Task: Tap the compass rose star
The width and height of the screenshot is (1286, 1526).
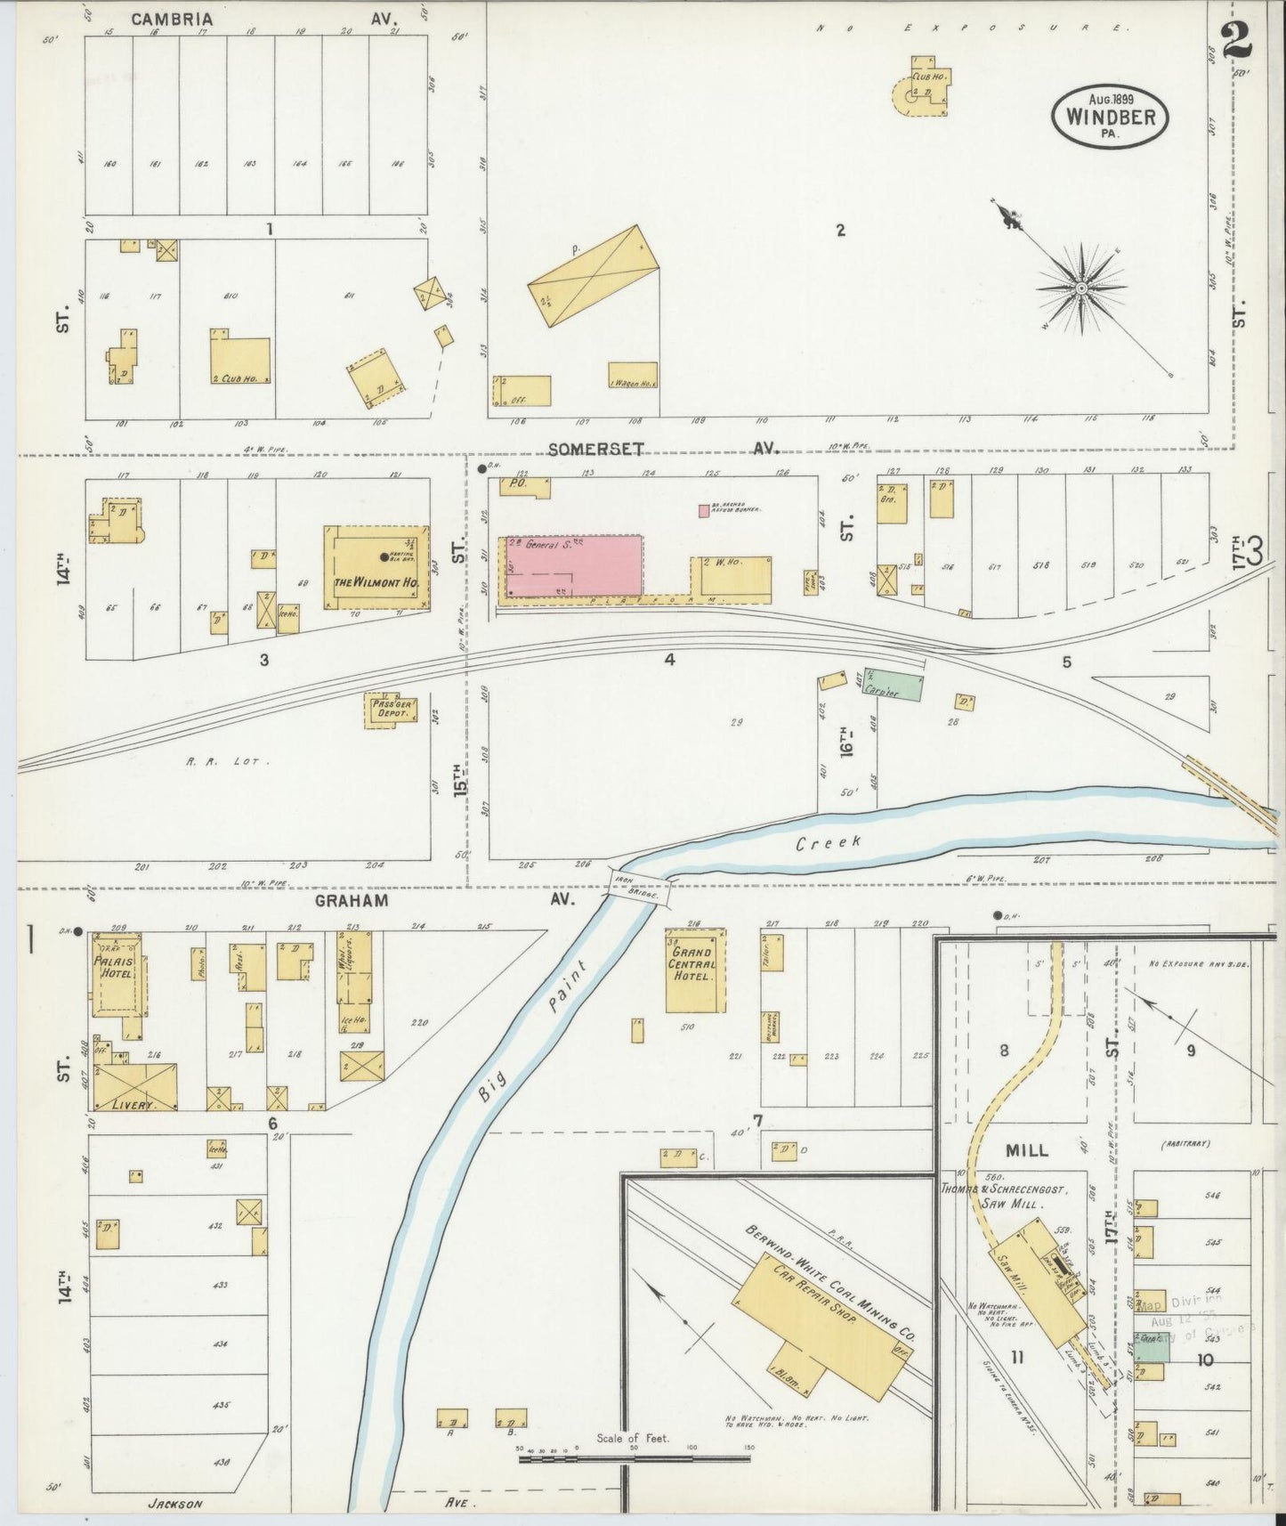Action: (1081, 288)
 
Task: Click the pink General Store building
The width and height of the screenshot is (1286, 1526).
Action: (574, 565)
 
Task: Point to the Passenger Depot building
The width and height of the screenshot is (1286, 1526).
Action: (391, 710)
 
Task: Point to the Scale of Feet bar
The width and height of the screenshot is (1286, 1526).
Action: (635, 1460)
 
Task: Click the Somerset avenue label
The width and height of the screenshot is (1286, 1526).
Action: (594, 450)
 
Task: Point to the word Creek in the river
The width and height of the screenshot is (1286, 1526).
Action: (828, 841)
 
